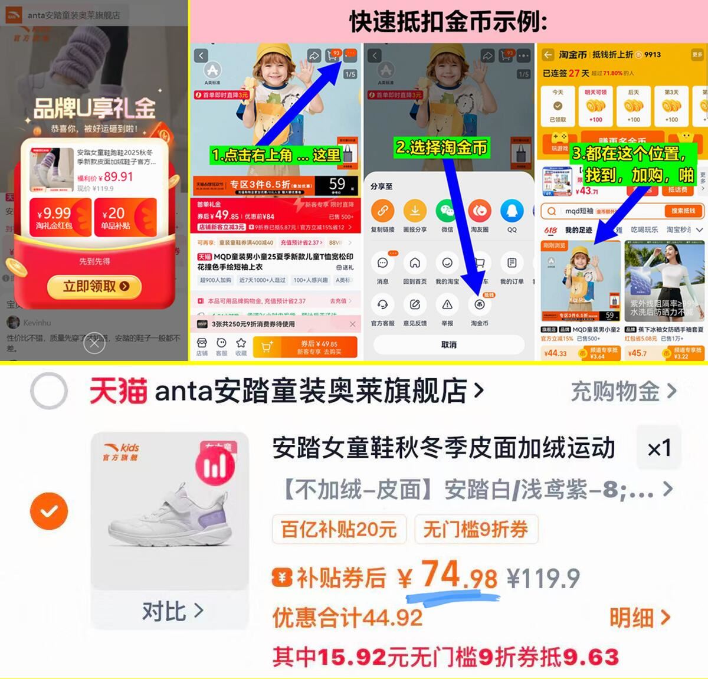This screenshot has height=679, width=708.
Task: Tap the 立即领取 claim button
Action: click(x=94, y=287)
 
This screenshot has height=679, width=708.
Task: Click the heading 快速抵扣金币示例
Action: click(x=448, y=22)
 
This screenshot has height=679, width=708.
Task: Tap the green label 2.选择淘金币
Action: click(x=442, y=147)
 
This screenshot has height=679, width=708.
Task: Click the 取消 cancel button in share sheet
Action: click(x=448, y=345)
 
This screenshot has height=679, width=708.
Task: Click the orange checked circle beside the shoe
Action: click(x=49, y=511)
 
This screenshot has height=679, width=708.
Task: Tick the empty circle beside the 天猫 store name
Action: click(x=49, y=391)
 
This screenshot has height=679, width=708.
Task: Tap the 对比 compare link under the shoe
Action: click(x=172, y=611)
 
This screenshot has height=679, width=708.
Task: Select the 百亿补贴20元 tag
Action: click(x=339, y=529)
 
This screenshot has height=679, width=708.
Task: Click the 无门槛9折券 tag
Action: click(x=475, y=529)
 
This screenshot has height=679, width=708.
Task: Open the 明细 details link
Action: click(x=640, y=618)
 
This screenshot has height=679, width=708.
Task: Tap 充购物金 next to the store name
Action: click(x=623, y=391)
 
